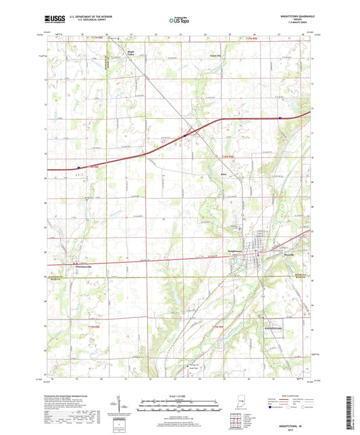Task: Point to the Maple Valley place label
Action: click(x=127, y=53)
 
